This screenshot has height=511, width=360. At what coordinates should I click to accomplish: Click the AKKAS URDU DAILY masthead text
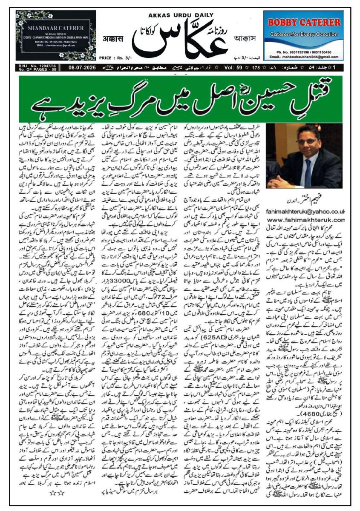[181, 15]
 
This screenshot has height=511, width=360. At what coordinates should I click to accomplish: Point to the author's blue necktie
[307, 172]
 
